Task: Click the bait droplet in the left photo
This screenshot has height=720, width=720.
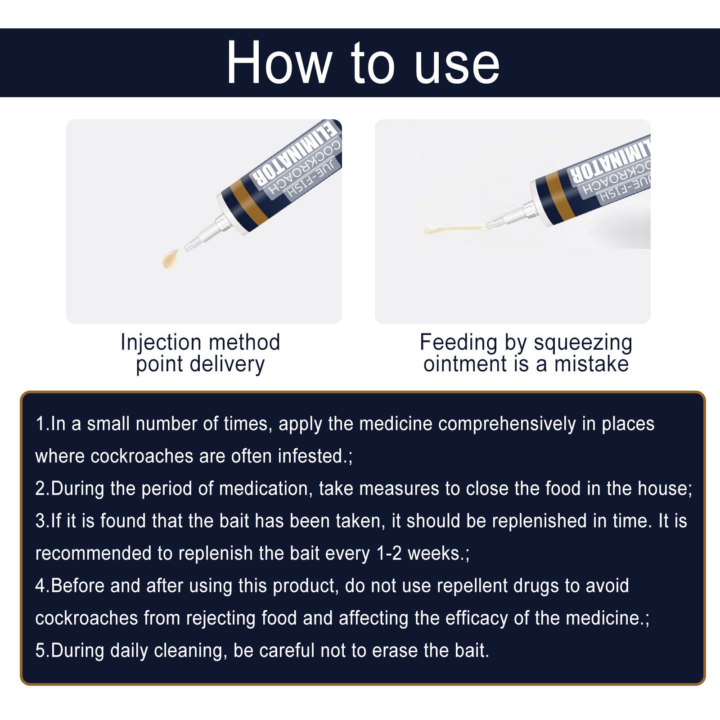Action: pos(170,259)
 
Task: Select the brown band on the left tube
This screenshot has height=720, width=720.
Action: pos(249,204)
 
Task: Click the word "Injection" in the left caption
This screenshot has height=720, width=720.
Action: pos(161,343)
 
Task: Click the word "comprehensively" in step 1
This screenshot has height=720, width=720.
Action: pos(507,424)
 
